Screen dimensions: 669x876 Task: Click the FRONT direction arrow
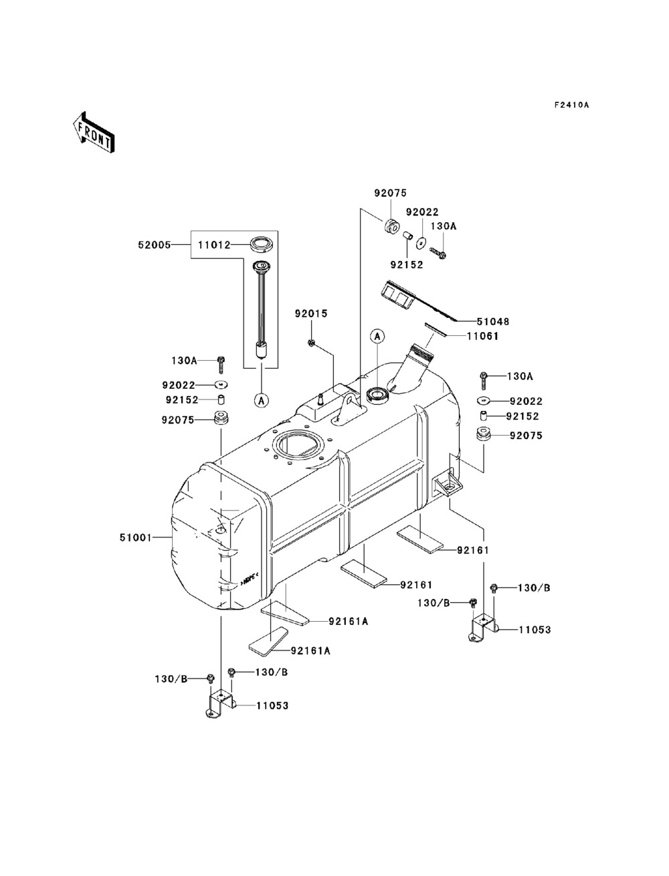[x=94, y=132]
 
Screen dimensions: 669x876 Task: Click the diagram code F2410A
[x=571, y=105]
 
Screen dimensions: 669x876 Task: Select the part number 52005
[x=155, y=245]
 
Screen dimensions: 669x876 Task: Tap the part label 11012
[x=215, y=245]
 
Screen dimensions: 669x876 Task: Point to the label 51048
[x=493, y=321]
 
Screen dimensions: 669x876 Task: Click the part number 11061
[x=483, y=336]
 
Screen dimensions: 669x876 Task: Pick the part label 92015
[x=311, y=314]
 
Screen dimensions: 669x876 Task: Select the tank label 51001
[x=136, y=537]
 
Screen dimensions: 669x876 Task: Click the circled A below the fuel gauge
[x=262, y=400]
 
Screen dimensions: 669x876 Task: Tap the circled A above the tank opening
[x=377, y=336]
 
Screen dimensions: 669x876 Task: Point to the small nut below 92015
[x=311, y=342]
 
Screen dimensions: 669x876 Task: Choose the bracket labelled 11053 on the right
[x=483, y=628]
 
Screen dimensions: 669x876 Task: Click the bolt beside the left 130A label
[x=221, y=364]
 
